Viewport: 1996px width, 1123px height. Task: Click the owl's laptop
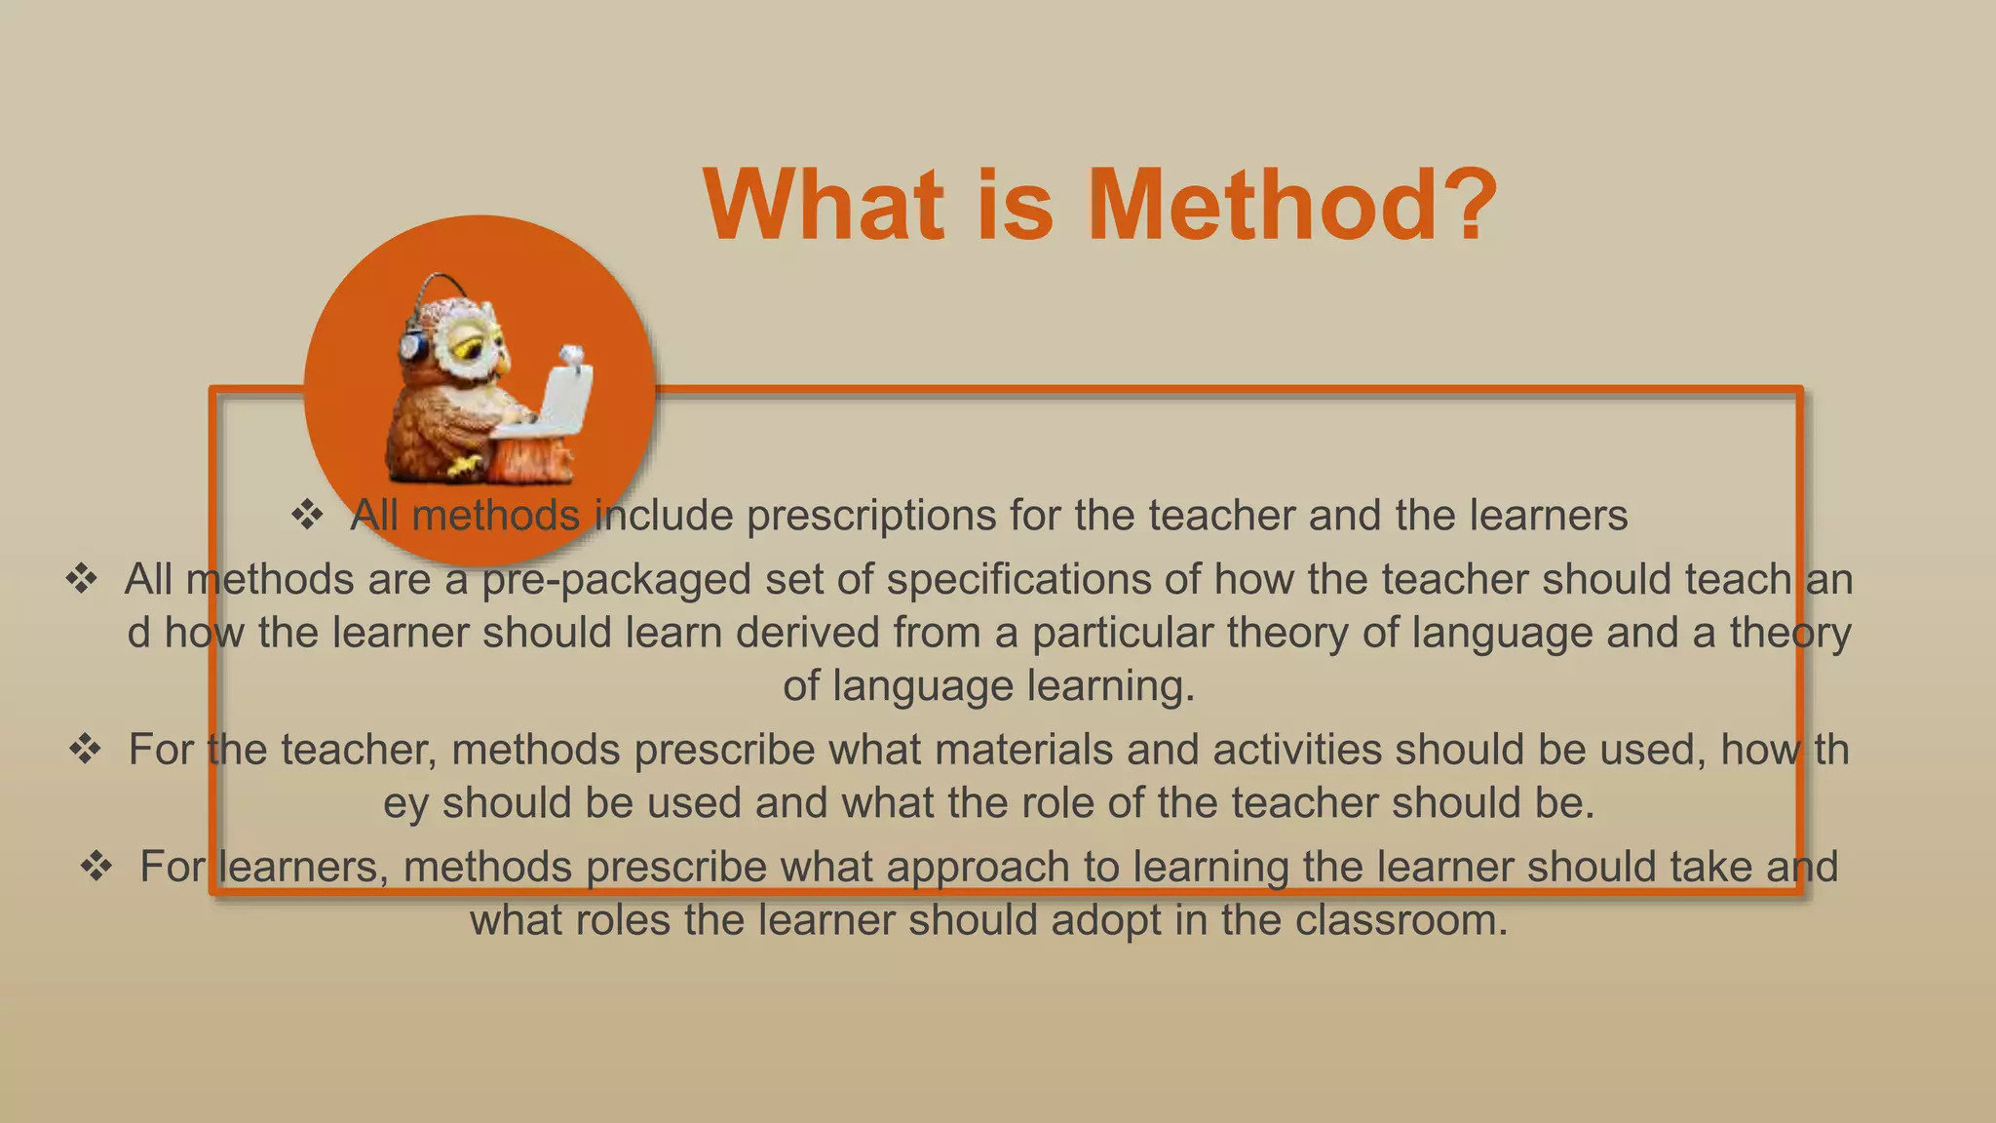[x=560, y=400]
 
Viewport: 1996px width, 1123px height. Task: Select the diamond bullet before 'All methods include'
[x=307, y=515]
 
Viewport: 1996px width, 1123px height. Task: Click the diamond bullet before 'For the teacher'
[x=85, y=749]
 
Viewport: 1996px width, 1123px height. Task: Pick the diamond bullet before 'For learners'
[x=96, y=866]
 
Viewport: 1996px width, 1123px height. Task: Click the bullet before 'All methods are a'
[x=81, y=579]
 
